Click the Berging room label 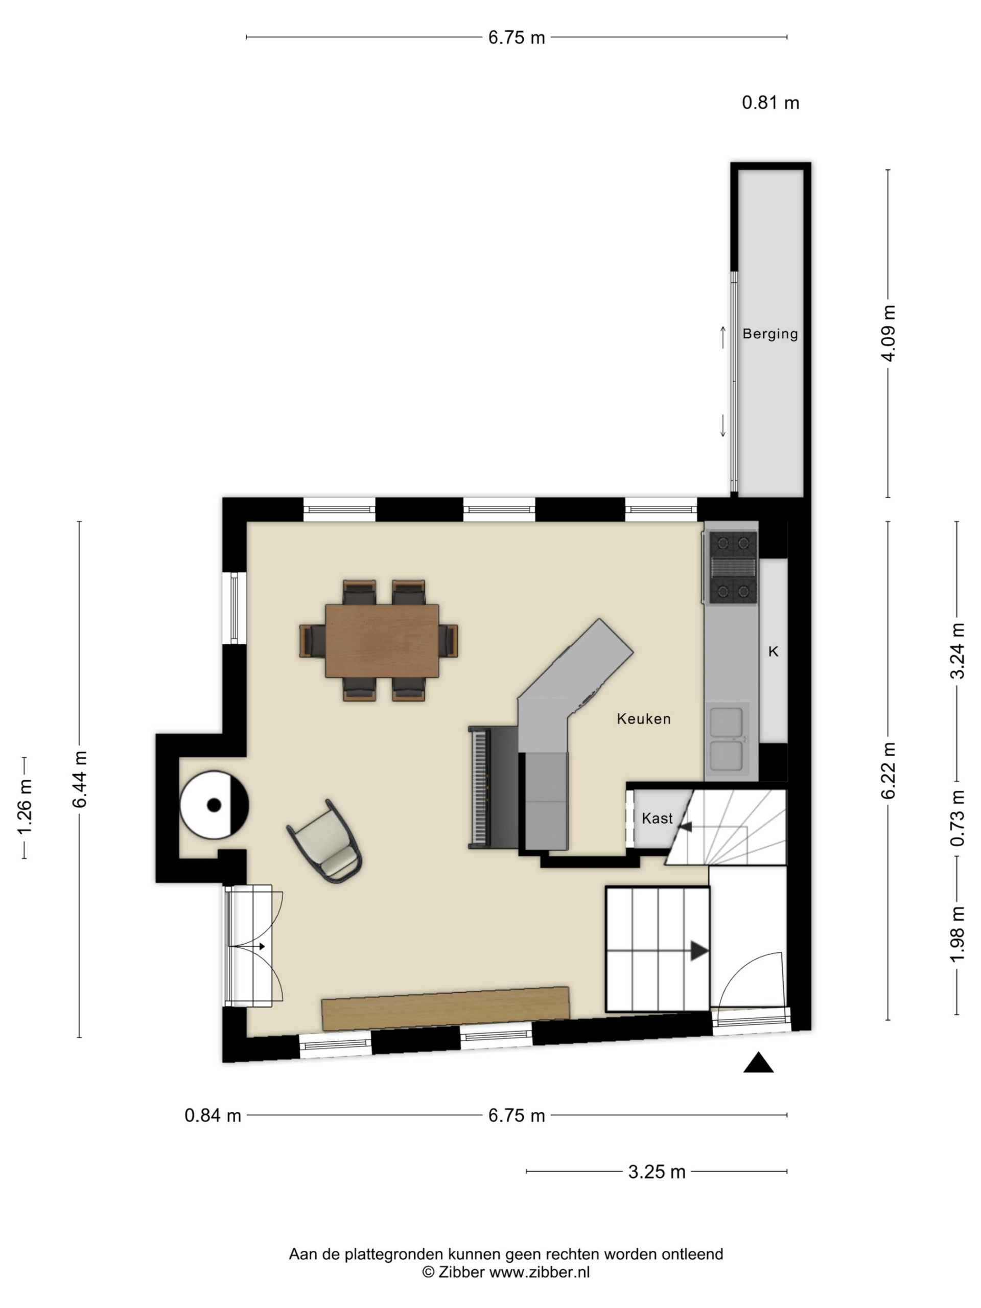(770, 334)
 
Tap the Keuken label (643, 718)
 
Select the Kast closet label (657, 818)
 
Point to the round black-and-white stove (214, 805)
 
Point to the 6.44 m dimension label (79, 779)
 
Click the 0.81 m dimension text (770, 103)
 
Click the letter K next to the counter (773, 651)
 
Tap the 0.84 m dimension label (213, 1115)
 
